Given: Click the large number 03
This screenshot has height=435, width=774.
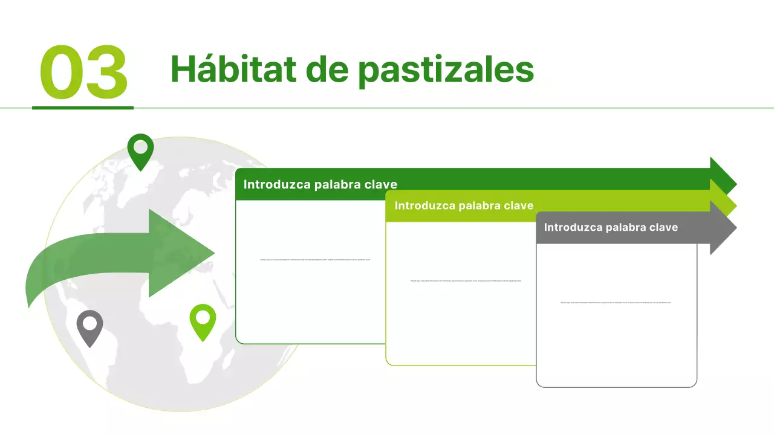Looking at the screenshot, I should (83, 72).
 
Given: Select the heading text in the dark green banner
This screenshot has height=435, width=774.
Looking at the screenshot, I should (320, 184).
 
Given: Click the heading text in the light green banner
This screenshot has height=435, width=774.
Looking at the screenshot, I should (464, 205).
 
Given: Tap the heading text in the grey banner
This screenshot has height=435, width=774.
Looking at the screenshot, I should (611, 227).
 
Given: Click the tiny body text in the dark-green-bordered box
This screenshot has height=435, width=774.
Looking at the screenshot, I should (314, 260).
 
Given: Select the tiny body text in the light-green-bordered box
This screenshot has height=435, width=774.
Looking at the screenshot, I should (465, 281).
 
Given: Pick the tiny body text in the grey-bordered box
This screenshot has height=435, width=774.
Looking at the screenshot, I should (615, 303).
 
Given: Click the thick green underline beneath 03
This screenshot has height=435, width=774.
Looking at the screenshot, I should (83, 108).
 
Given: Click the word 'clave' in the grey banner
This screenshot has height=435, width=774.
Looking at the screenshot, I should (663, 227).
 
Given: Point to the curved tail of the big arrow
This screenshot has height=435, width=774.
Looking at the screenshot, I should (42, 278).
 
